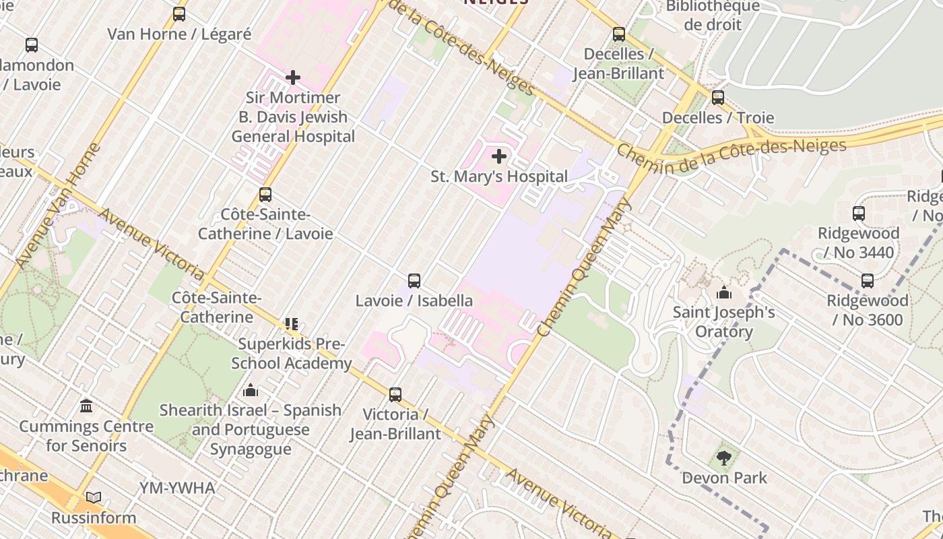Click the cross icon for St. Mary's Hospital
coord(499,156)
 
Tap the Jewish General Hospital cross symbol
coord(293,77)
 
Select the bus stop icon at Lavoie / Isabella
coord(414,280)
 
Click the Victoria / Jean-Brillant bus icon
coord(395,394)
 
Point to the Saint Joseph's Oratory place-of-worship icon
coord(724,292)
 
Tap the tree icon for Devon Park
coord(724,458)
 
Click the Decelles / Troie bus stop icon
coord(718,98)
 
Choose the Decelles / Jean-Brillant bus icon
coord(619,34)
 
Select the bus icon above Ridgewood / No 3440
coord(859,214)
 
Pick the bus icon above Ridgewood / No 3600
coord(868,280)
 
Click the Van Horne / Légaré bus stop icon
coord(179,14)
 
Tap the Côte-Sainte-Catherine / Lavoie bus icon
coord(265,195)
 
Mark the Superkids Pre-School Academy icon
coord(291,324)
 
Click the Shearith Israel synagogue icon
coord(251,390)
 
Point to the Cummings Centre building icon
coord(86,406)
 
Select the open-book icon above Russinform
coord(94,498)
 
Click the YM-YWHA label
coord(177,488)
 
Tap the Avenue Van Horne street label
coord(57,205)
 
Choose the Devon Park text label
coord(724,478)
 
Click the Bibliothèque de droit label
coord(713,15)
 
